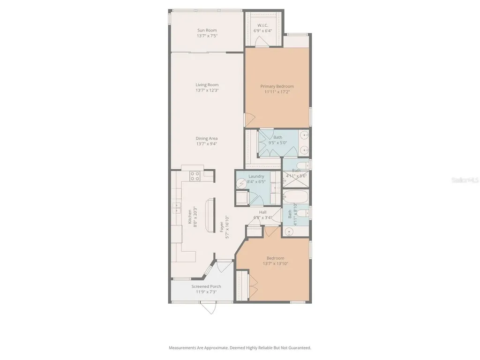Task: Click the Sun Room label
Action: point(207,30)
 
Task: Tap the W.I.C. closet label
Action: point(263,25)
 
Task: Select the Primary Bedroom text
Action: point(277,86)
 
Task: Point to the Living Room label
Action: point(207,85)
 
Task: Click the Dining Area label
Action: point(207,138)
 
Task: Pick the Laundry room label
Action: point(256,176)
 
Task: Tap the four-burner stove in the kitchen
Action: point(195,176)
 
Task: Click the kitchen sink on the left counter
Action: point(177,206)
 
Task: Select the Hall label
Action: point(263,212)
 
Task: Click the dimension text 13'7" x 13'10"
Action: point(275,263)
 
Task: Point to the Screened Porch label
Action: point(206,286)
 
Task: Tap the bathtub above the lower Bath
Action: point(295,195)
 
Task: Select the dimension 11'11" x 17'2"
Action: point(277,92)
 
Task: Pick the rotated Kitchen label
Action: point(190,217)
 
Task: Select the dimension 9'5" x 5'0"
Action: point(277,142)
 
